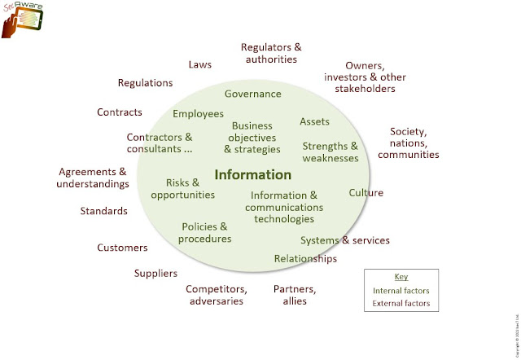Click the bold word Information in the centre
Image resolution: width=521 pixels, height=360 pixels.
pyautogui.click(x=253, y=174)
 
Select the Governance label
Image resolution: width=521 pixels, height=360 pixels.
pyautogui.click(x=253, y=94)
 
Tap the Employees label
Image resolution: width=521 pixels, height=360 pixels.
pyautogui.click(x=199, y=113)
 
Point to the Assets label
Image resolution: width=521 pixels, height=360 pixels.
pyautogui.click(x=314, y=121)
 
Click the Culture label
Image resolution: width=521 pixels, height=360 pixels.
pyautogui.click(x=366, y=193)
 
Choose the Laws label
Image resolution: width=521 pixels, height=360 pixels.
pyautogui.click(x=199, y=64)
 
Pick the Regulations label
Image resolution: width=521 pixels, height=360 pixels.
pyautogui.click(x=145, y=83)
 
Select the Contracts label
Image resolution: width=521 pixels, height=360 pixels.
pyautogui.click(x=120, y=112)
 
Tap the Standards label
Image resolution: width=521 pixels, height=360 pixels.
pyautogui.click(x=103, y=211)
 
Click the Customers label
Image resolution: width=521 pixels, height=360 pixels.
pyautogui.click(x=122, y=248)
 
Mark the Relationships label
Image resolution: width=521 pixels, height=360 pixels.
pyautogui.click(x=305, y=258)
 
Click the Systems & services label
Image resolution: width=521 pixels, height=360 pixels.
pyautogui.click(x=345, y=240)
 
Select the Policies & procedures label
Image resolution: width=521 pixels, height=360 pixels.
pyautogui.click(x=206, y=232)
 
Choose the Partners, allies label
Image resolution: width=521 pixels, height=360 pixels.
pyautogui.click(x=295, y=295)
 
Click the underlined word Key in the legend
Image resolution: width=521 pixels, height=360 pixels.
pyautogui.click(x=401, y=277)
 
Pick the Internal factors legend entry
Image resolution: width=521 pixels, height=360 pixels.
pyautogui.click(x=401, y=291)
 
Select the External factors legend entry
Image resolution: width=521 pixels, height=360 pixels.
pyautogui.click(x=401, y=304)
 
